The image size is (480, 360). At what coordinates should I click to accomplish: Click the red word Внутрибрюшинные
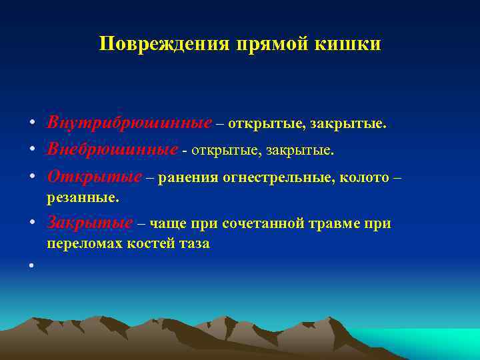pyautogui.click(x=129, y=123)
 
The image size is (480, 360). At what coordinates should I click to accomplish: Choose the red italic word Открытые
pyautogui.click(x=94, y=177)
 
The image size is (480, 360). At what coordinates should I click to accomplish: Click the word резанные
pyautogui.click(x=83, y=197)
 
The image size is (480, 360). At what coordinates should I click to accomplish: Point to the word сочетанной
pyautogui.click(x=267, y=223)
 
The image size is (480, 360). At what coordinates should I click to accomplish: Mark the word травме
pyautogui.click(x=336, y=223)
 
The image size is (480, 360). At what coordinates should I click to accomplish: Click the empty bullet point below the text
pyautogui.click(x=31, y=266)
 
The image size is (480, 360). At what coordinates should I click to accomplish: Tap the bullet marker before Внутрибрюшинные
pyautogui.click(x=31, y=124)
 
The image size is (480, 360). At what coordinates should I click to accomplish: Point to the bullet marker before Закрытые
pyautogui.click(x=31, y=223)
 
